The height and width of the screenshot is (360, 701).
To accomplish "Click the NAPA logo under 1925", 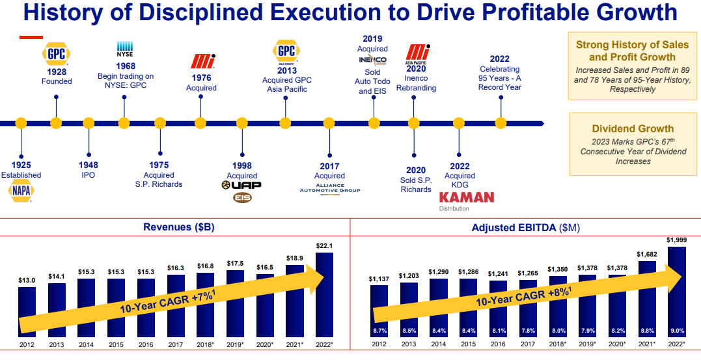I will (21, 191).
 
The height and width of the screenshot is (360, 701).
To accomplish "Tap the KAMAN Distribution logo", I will (467, 197).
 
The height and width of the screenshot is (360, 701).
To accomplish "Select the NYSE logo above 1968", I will (125, 49).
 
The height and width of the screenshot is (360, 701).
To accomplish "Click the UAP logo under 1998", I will (241, 186).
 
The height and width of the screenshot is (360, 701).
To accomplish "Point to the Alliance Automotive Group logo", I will (329, 188).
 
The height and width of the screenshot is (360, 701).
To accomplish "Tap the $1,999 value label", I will (676, 240).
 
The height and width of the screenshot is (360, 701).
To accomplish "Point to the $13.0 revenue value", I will (27, 280).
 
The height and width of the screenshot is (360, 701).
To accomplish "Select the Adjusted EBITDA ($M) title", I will (525, 227).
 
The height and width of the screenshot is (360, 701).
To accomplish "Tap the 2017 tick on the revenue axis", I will (176, 345).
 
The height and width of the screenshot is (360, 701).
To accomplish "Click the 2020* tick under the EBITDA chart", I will (616, 345).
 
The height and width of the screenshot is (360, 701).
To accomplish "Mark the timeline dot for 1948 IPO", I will (89, 122).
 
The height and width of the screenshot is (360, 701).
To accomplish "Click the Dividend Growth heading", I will (633, 129).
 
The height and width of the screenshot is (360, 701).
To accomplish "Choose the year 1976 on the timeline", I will (202, 78).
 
